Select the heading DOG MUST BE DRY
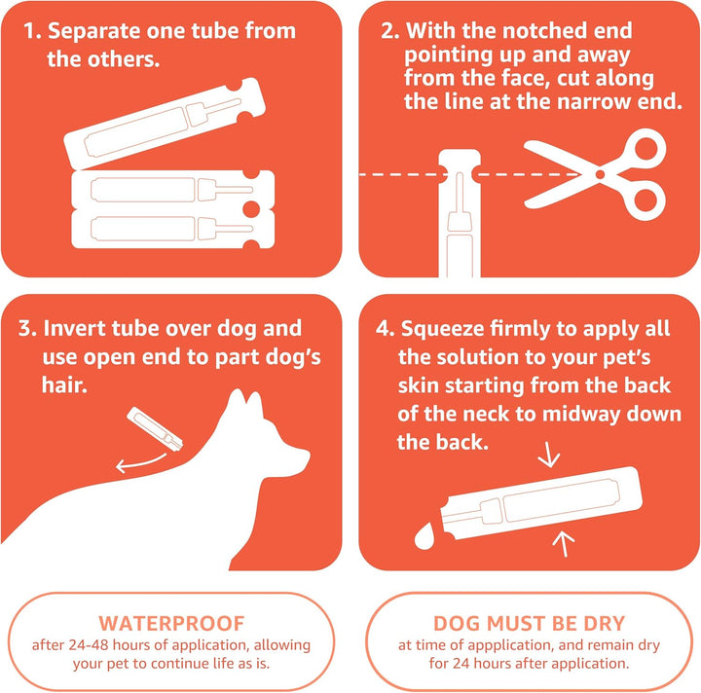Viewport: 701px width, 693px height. (x=529, y=623)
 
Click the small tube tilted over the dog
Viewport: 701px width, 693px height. (x=157, y=429)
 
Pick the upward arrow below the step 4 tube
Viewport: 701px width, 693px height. (x=564, y=543)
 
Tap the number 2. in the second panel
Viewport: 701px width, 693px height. (x=390, y=31)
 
